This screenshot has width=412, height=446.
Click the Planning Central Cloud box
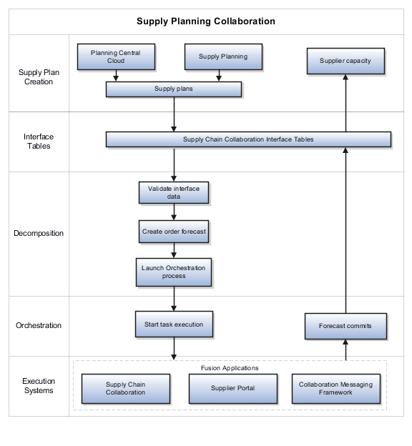116,56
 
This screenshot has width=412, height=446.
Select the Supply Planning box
223,56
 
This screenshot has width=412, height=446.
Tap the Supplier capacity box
345,61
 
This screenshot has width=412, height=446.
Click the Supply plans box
174,89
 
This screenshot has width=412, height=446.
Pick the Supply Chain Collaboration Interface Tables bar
248,139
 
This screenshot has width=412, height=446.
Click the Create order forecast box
174,232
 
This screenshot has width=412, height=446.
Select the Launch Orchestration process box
174,272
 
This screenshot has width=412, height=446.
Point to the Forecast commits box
345,326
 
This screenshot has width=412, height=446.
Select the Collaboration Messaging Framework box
335,388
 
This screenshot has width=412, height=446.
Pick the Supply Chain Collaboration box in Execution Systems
125,388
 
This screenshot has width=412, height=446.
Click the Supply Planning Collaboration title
206,21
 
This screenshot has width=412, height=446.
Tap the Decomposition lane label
39,233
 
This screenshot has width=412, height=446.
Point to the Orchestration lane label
39,325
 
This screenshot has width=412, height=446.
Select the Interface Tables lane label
39,141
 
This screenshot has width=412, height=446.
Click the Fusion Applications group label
230,368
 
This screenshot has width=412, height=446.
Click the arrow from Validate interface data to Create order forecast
174,212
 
